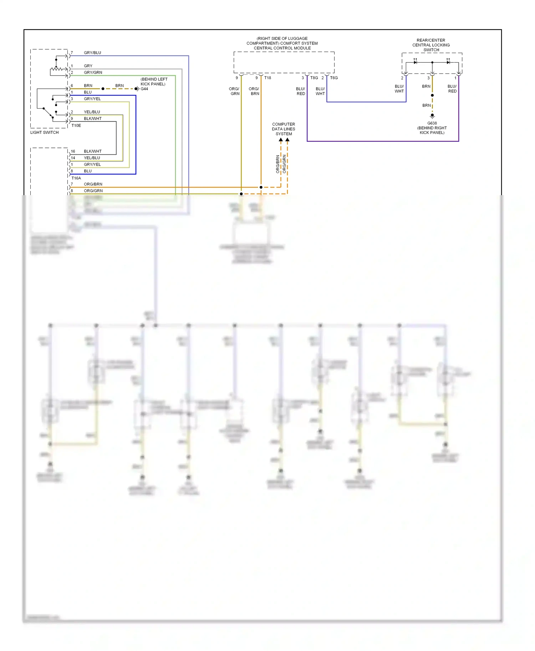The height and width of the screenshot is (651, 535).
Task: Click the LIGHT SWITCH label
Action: (x=44, y=132)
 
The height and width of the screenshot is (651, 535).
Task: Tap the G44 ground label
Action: (x=144, y=89)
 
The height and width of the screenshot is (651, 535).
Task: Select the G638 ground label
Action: (x=432, y=123)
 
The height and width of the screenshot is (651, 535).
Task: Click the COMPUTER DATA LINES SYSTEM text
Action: (x=284, y=129)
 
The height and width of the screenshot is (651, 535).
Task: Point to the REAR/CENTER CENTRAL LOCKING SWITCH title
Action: (x=431, y=45)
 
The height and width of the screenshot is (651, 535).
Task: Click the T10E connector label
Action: (x=76, y=126)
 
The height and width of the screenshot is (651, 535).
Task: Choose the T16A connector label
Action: (x=76, y=178)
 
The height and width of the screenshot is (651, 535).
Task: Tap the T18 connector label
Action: (x=267, y=78)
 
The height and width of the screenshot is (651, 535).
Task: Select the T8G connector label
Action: (x=314, y=78)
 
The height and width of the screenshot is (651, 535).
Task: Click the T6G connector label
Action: (x=334, y=78)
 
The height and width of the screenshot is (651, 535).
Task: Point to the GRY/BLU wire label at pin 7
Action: (x=92, y=53)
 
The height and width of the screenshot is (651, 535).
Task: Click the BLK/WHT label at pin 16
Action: (x=93, y=151)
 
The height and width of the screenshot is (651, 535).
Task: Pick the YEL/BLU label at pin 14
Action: (x=92, y=158)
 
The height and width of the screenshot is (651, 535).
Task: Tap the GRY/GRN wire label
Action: (x=93, y=73)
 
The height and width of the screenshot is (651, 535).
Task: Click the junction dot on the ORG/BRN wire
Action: (x=261, y=187)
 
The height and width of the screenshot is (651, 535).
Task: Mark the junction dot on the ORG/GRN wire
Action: (x=241, y=194)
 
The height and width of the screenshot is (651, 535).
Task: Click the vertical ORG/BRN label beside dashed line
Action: (x=277, y=164)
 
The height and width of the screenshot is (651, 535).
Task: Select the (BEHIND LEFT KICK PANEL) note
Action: (x=154, y=82)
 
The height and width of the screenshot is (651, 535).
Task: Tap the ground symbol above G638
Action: (x=432, y=116)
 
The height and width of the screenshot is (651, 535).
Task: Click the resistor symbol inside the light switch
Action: (x=56, y=69)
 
